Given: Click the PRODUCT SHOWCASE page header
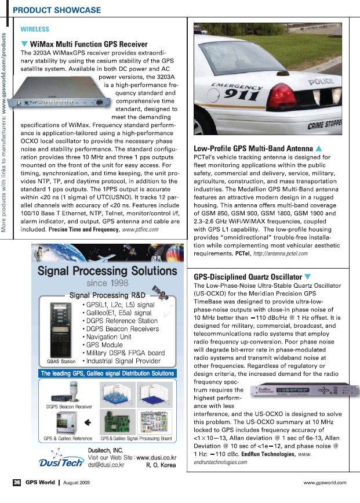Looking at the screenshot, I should click(x=57, y=10).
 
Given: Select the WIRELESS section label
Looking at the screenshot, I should click(x=35, y=29).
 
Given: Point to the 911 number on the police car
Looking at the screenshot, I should click(x=242, y=93).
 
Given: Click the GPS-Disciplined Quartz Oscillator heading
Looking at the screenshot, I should click(x=248, y=277).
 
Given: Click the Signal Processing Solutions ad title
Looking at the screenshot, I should click(x=103, y=271).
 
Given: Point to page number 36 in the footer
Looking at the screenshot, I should click(x=17, y=482).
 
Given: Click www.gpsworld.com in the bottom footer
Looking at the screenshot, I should click(x=325, y=482).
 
